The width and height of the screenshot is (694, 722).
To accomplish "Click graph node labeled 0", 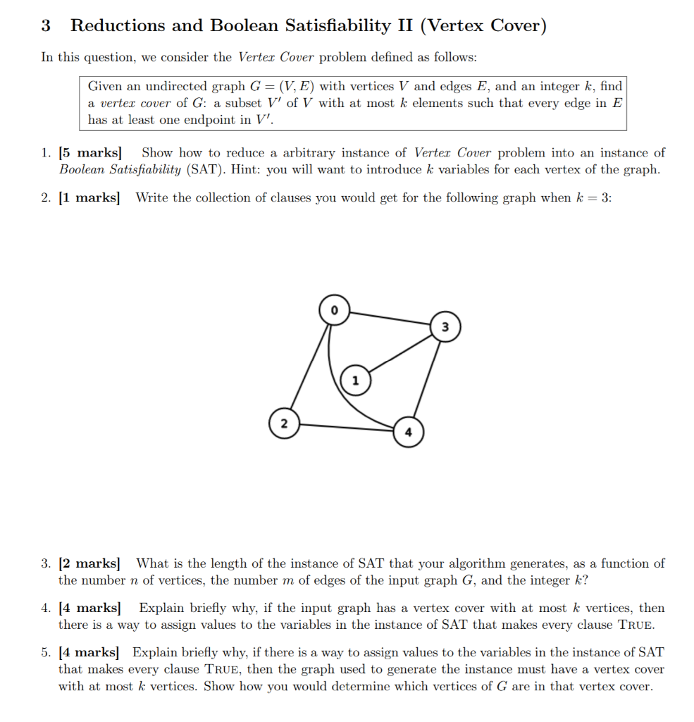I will (334, 310).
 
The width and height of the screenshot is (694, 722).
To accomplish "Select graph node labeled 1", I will (355, 380).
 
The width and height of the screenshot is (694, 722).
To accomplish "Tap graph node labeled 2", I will (283, 424).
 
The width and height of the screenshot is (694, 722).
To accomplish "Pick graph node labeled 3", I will (445, 326).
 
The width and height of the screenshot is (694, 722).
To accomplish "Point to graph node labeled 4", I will (408, 432).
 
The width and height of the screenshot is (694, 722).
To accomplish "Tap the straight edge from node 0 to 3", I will (389, 318).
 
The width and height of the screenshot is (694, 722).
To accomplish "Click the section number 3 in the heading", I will (46, 26).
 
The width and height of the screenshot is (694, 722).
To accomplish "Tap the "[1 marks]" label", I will (89, 198).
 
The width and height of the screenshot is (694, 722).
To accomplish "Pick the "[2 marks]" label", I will (89, 563).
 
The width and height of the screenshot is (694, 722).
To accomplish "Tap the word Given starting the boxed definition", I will (105, 87).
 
